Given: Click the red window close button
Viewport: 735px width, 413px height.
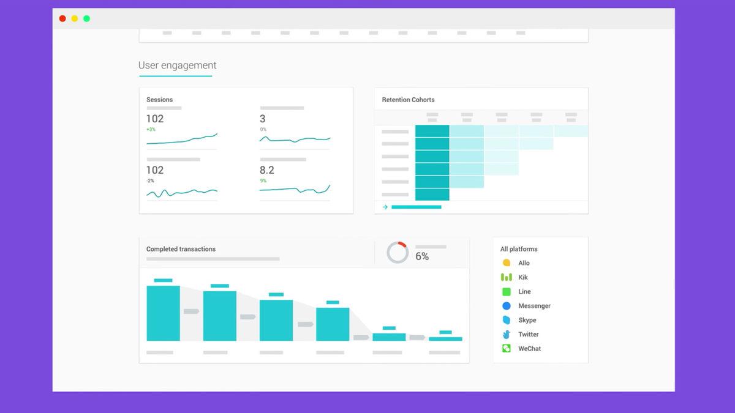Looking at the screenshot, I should [62, 18].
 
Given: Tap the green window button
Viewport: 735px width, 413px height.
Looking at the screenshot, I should [87, 18].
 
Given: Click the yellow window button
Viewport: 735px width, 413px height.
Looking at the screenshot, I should [75, 18].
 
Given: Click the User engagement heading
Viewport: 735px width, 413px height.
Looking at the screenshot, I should [177, 65].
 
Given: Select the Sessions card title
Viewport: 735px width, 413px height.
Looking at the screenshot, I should [159, 100].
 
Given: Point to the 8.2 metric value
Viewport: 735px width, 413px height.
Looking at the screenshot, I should [266, 170].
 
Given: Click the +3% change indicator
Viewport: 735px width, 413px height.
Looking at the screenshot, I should [151, 129].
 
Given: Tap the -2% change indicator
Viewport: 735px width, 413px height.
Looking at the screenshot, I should [150, 180].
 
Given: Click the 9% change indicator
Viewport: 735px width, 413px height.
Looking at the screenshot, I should [263, 180].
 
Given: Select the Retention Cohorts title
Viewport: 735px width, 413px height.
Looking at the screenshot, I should [408, 100].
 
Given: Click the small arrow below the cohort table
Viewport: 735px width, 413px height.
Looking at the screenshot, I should [385, 207].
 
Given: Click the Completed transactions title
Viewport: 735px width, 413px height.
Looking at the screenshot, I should [181, 249].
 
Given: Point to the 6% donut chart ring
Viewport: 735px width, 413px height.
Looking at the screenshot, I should [398, 252].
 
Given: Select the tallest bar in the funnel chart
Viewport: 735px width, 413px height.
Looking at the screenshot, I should [163, 313].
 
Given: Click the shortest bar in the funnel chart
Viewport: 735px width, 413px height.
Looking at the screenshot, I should [445, 338].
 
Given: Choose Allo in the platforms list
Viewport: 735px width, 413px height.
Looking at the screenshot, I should [524, 263].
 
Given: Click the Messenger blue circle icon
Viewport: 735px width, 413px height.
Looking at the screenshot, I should [507, 306].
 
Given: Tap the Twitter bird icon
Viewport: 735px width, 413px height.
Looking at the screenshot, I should [507, 334].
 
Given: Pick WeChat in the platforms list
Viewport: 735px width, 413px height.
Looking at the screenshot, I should [529, 349].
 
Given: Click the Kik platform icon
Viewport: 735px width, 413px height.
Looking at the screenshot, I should [507, 277].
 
